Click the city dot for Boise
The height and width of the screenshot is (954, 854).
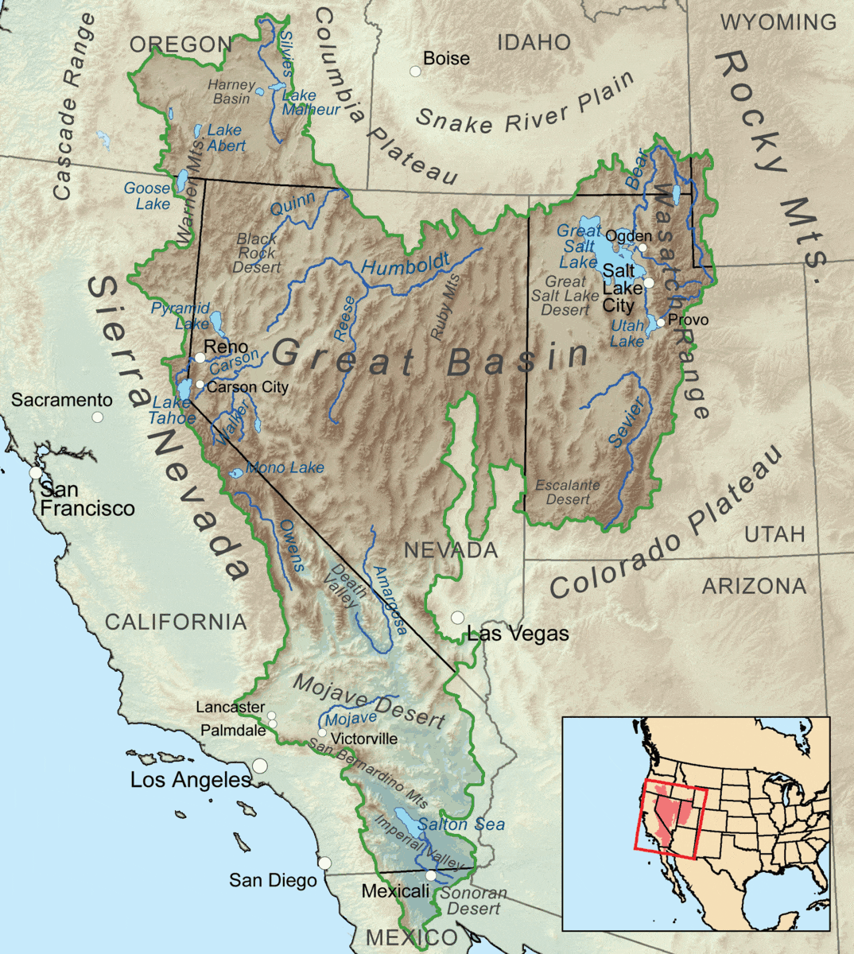click(x=415, y=72)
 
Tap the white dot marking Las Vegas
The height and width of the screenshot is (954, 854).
click(x=457, y=617)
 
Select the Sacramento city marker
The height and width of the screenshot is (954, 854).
click(x=98, y=417)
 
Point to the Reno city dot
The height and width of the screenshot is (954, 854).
click(x=200, y=357)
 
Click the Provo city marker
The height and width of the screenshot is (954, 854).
click(x=660, y=322)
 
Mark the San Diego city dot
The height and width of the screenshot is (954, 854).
click(x=324, y=863)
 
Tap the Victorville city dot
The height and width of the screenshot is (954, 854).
click(x=322, y=732)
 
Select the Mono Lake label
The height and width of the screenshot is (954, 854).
click(x=285, y=467)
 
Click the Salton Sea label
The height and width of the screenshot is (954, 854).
click(x=461, y=824)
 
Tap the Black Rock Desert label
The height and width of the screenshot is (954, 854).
click(x=257, y=253)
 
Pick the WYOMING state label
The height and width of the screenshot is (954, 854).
click(x=778, y=22)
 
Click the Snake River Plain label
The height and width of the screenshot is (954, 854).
click(x=526, y=106)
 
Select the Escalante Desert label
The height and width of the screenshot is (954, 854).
click(x=567, y=492)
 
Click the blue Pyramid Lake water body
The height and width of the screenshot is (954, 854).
click(x=215, y=322)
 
